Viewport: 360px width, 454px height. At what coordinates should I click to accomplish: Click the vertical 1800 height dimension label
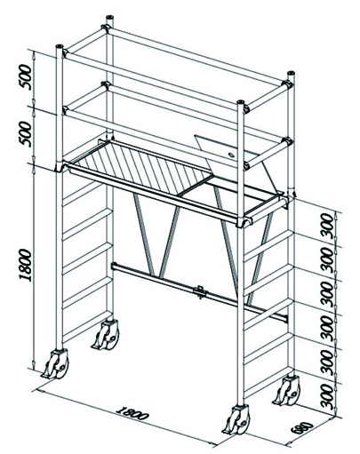[x=25, y=265]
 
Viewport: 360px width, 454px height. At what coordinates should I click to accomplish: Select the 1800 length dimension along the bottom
[x=132, y=413]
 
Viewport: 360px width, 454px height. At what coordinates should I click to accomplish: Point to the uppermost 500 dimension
[x=25, y=77]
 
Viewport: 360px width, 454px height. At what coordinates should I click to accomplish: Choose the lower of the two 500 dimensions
[x=25, y=134]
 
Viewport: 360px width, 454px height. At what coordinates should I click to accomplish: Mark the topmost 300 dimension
[x=327, y=225]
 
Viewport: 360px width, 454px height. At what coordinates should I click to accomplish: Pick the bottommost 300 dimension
[x=327, y=396]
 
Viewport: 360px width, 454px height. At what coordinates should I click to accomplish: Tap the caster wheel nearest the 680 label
[x=237, y=420]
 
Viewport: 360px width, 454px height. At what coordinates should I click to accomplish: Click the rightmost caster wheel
[x=287, y=390]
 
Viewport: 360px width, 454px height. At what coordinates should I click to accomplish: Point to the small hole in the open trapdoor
[x=230, y=155]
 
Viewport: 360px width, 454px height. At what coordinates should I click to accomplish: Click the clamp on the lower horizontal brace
[x=200, y=292]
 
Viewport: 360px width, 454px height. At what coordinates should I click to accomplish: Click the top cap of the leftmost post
[x=60, y=46]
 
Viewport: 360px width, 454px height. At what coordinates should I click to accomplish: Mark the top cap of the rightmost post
[x=291, y=73]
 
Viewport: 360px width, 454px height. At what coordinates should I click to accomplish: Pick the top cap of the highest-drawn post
[x=109, y=17]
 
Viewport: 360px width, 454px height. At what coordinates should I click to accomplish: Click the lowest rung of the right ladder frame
[x=268, y=383]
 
